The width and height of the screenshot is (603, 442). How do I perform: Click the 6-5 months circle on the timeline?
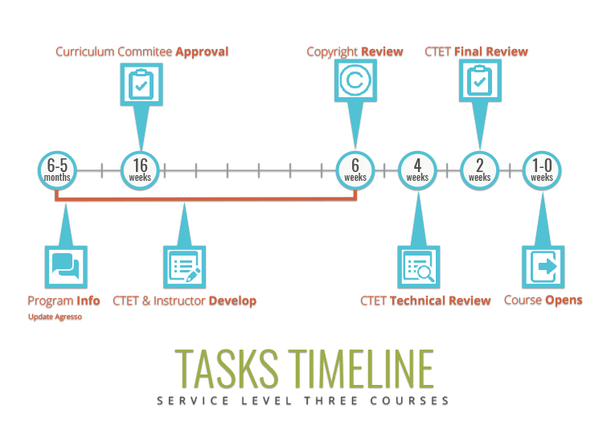[x=58, y=170]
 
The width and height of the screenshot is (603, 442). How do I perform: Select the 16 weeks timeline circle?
[x=141, y=170]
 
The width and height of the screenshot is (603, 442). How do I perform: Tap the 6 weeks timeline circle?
[x=355, y=170]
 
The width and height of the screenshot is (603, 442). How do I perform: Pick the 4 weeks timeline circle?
[x=417, y=170]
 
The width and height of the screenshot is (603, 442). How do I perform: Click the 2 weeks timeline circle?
[x=479, y=170]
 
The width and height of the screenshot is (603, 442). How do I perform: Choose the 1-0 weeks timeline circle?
[x=541, y=170]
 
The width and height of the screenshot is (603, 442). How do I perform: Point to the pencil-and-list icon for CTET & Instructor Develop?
[x=186, y=268]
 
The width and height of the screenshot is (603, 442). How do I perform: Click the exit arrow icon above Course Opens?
[x=541, y=268]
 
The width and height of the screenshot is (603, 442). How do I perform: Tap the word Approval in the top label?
[x=202, y=52]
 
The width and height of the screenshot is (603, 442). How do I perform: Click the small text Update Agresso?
[x=55, y=317]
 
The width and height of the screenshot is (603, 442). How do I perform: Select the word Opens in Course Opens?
[x=564, y=301]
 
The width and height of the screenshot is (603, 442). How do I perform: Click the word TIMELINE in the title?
[x=360, y=367]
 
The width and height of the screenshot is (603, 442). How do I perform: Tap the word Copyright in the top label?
[x=332, y=52]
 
